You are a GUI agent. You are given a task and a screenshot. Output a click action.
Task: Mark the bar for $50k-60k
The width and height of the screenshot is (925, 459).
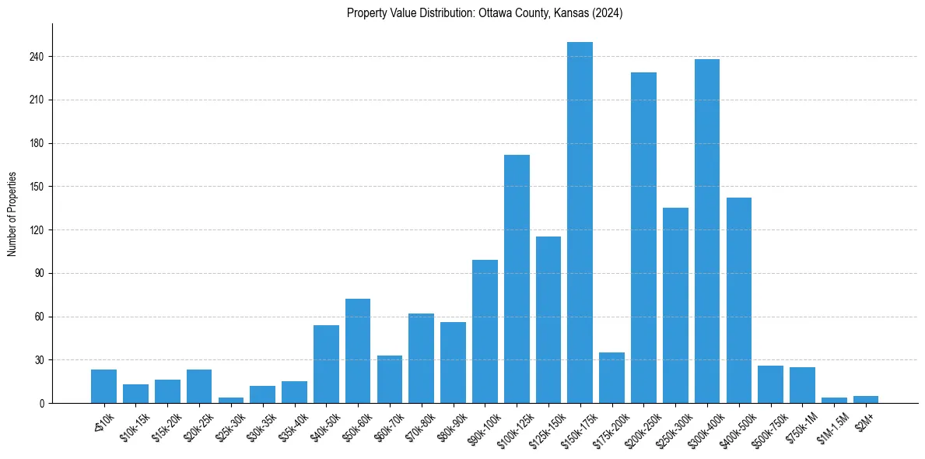pyautogui.click(x=358, y=351)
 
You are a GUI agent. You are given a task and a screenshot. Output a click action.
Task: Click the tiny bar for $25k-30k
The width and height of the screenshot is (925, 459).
pyautogui.click(x=231, y=400)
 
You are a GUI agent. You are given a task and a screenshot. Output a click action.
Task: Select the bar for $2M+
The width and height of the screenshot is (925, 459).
pyautogui.click(x=866, y=399)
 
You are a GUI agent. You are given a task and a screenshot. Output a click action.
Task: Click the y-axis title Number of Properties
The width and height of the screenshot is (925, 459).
pyautogui.click(x=12, y=213)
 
